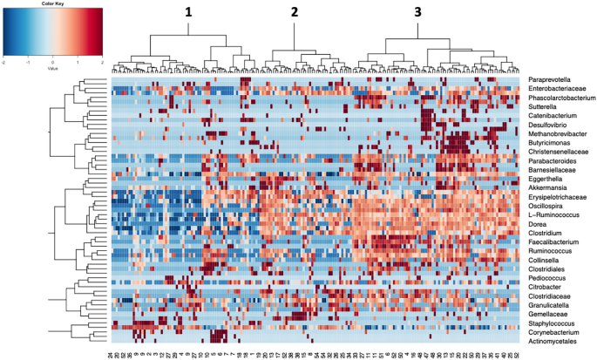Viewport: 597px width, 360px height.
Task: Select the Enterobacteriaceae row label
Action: pos(557,89)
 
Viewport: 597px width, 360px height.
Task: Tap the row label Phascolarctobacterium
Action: pos(560,98)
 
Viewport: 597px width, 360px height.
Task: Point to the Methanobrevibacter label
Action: pos(557,134)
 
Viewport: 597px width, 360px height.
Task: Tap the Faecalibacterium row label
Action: pos(554,241)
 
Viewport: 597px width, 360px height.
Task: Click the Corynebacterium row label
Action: pos(556,331)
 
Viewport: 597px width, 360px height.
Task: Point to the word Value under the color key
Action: pos(53,69)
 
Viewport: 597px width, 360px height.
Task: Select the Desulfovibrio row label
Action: pos(551,126)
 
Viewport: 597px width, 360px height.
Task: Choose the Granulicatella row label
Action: pos(553,304)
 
